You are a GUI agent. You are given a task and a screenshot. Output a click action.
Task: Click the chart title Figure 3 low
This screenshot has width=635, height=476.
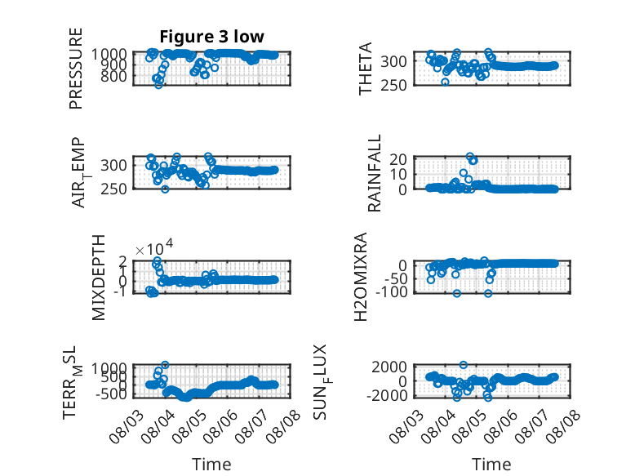[x=211, y=37]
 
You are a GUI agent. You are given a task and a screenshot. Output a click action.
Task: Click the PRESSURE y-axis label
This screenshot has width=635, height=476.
[x=76, y=69]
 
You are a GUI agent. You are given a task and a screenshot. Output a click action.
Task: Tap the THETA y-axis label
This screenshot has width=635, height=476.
[x=366, y=69]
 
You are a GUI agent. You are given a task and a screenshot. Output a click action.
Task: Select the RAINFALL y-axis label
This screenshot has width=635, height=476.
[x=374, y=173]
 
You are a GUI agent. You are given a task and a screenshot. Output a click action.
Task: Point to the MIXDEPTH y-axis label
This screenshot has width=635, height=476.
[x=99, y=278]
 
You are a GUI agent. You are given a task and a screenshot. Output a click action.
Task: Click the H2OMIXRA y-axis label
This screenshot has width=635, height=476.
[x=361, y=277]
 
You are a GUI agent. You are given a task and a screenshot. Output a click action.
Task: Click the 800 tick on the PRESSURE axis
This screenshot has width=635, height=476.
[x=113, y=76]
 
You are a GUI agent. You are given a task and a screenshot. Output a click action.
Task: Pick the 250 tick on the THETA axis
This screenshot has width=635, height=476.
[x=393, y=85]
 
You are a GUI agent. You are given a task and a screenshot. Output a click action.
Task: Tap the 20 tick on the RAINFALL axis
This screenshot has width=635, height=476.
[x=398, y=158]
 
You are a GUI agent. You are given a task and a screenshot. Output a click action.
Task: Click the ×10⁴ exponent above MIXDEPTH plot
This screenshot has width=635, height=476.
[x=154, y=247]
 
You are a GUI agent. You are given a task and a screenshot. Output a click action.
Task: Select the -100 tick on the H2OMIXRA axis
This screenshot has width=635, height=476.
[x=392, y=291]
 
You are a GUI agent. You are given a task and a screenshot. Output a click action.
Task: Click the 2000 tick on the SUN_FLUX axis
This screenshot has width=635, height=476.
[x=389, y=367]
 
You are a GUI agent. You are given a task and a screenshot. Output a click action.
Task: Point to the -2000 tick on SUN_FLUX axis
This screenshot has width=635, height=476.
[x=387, y=395]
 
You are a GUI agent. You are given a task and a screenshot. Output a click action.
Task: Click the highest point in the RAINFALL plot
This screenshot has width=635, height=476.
[x=470, y=157]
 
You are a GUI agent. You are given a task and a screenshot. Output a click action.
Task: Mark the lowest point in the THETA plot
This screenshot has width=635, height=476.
[x=445, y=82]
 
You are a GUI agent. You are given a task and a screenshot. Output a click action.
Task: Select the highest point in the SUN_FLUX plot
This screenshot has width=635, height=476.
[x=464, y=365]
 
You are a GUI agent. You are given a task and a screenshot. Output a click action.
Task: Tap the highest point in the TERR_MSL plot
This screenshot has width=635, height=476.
[x=165, y=365]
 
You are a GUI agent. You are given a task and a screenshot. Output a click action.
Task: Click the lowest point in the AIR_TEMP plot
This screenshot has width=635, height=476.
[x=165, y=189]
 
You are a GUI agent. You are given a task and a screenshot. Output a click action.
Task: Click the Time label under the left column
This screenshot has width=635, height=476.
[x=211, y=464]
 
